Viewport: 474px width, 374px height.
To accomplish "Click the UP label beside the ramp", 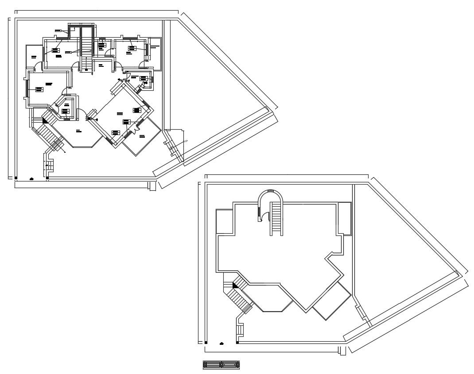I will pyautogui.click(x=186, y=141).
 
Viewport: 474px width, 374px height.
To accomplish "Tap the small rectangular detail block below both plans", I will pyautogui.click(x=221, y=365).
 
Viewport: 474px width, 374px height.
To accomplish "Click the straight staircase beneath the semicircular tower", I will pyautogui.click(x=277, y=218).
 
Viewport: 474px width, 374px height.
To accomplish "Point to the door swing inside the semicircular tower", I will pyautogui.click(x=266, y=217).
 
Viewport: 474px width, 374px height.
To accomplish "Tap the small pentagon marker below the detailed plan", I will pyautogui.click(x=31, y=178).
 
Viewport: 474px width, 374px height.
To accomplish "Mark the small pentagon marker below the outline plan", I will pyautogui.click(x=221, y=343).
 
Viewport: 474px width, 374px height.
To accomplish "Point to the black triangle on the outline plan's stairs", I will pyautogui.click(x=235, y=285).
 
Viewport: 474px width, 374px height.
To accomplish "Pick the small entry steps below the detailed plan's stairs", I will pyautogui.click(x=50, y=165).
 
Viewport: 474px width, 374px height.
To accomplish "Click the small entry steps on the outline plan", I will pyautogui.click(x=241, y=329).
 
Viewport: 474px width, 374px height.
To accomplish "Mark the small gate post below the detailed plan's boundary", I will pyautogui.click(x=152, y=186).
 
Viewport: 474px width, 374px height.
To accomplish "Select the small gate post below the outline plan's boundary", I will pyautogui.click(x=342, y=351).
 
